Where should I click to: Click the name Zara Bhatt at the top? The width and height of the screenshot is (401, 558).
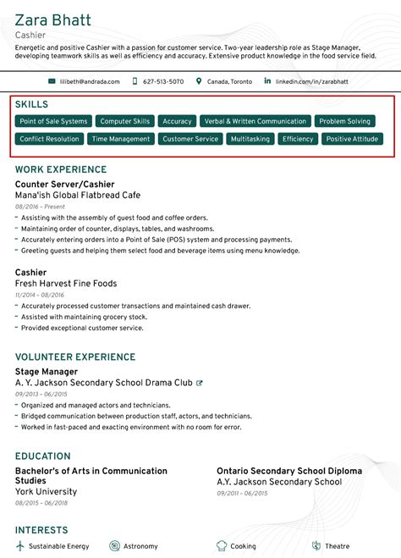[53, 19]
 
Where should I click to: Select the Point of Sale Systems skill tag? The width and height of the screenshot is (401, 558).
[53, 121]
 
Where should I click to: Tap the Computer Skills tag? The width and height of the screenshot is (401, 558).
[125, 121]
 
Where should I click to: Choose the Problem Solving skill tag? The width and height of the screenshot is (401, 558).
[345, 121]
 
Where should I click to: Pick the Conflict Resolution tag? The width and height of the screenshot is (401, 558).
[49, 139]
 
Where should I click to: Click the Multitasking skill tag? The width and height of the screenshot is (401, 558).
[250, 139]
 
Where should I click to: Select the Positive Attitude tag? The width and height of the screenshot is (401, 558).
[352, 139]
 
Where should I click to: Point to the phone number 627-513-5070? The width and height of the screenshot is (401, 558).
[163, 81]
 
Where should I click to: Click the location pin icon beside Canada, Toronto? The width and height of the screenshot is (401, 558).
[199, 81]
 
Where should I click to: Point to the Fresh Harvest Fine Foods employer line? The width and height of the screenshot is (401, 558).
[66, 284]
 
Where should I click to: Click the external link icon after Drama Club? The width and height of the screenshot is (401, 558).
[200, 383]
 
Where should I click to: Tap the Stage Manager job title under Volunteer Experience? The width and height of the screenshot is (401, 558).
[47, 371]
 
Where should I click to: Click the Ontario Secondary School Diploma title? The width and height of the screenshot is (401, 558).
[288, 471]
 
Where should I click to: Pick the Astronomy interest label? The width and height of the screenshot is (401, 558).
[140, 546]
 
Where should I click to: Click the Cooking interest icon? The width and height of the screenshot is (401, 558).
[222, 546]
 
